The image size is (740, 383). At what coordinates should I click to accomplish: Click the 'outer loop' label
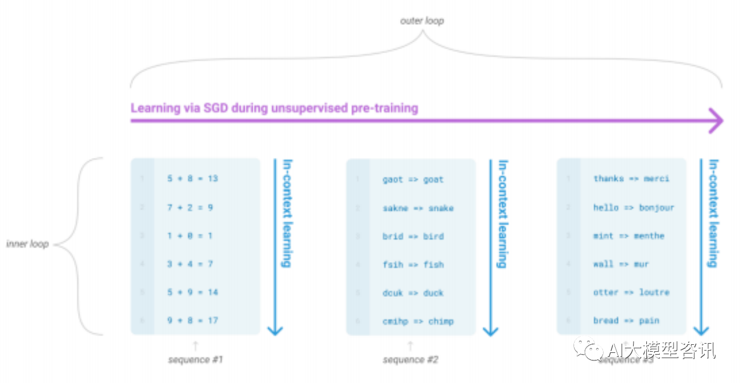[422, 21]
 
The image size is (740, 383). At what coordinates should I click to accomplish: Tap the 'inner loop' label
[27, 244]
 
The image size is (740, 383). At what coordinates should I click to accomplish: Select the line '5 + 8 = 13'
[193, 179]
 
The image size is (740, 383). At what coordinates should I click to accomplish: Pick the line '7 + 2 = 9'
[190, 207]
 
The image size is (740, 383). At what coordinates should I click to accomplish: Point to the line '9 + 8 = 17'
[193, 320]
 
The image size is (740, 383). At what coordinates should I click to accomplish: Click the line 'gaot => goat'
[413, 179]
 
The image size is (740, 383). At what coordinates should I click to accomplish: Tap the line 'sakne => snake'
[418, 208]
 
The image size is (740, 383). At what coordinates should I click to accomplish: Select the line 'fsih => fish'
[413, 264]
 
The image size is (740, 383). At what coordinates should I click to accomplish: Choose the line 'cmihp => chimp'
[418, 321]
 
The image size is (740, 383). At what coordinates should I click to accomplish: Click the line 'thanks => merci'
[631, 179]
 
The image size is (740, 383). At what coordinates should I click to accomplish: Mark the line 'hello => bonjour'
[634, 207]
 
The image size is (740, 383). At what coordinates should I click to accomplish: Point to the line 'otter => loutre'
[631, 292]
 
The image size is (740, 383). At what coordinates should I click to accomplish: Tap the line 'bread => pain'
[626, 321]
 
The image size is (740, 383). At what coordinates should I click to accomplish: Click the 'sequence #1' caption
[195, 360]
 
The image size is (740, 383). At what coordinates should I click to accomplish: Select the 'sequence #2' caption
[410, 360]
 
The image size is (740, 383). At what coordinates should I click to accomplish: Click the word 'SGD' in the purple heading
[203, 108]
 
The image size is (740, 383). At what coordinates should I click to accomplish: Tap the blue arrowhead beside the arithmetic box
[275, 330]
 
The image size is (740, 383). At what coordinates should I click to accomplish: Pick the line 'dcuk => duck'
[413, 293]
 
